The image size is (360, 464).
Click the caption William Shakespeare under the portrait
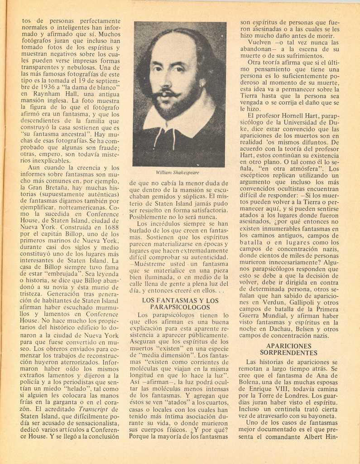coord(178,173)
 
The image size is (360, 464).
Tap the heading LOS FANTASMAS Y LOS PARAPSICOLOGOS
coord(180,304)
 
